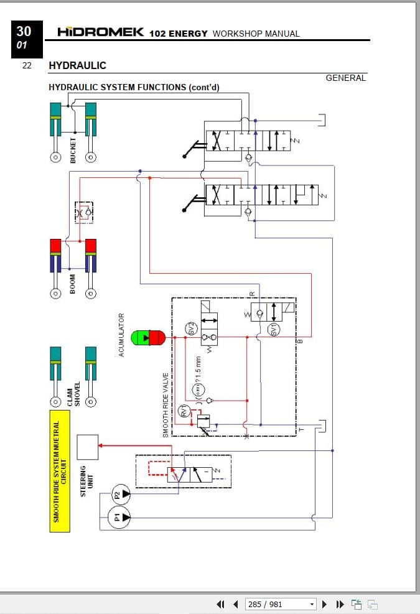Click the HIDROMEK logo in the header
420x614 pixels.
[x=100, y=32]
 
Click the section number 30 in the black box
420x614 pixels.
[x=24, y=32]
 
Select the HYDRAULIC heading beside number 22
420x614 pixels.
[x=77, y=65]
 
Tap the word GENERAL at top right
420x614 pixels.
[x=346, y=78]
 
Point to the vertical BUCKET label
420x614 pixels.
[x=73, y=150]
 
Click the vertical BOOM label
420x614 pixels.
[x=73, y=284]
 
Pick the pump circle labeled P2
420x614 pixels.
[x=121, y=495]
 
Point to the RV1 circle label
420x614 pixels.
[x=184, y=411]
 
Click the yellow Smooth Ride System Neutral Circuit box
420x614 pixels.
[x=59, y=471]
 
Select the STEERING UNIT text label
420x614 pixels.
[x=87, y=481]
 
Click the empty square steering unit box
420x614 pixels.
[x=87, y=447]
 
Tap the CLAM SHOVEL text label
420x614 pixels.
[x=73, y=394]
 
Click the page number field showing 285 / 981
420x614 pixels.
[x=281, y=604]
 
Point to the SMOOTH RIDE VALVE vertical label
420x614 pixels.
[x=166, y=405]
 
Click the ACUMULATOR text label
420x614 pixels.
[x=121, y=335]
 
